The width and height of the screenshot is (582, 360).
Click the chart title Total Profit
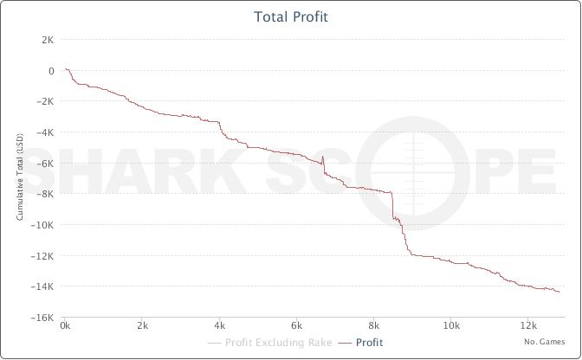(290, 16)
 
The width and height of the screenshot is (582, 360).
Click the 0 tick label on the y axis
(51, 71)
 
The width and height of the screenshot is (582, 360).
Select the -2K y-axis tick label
(45, 101)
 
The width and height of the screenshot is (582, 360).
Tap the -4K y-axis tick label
(45, 132)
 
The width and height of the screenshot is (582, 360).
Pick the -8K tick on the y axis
(45, 194)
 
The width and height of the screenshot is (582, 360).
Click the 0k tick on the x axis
(66, 326)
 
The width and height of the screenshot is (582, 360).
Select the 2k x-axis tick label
(143, 326)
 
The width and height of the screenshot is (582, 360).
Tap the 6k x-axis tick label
(297, 326)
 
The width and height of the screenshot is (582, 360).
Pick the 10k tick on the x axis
(451, 326)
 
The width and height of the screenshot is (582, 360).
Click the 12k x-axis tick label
(528, 326)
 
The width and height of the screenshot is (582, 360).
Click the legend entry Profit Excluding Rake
(274, 343)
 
